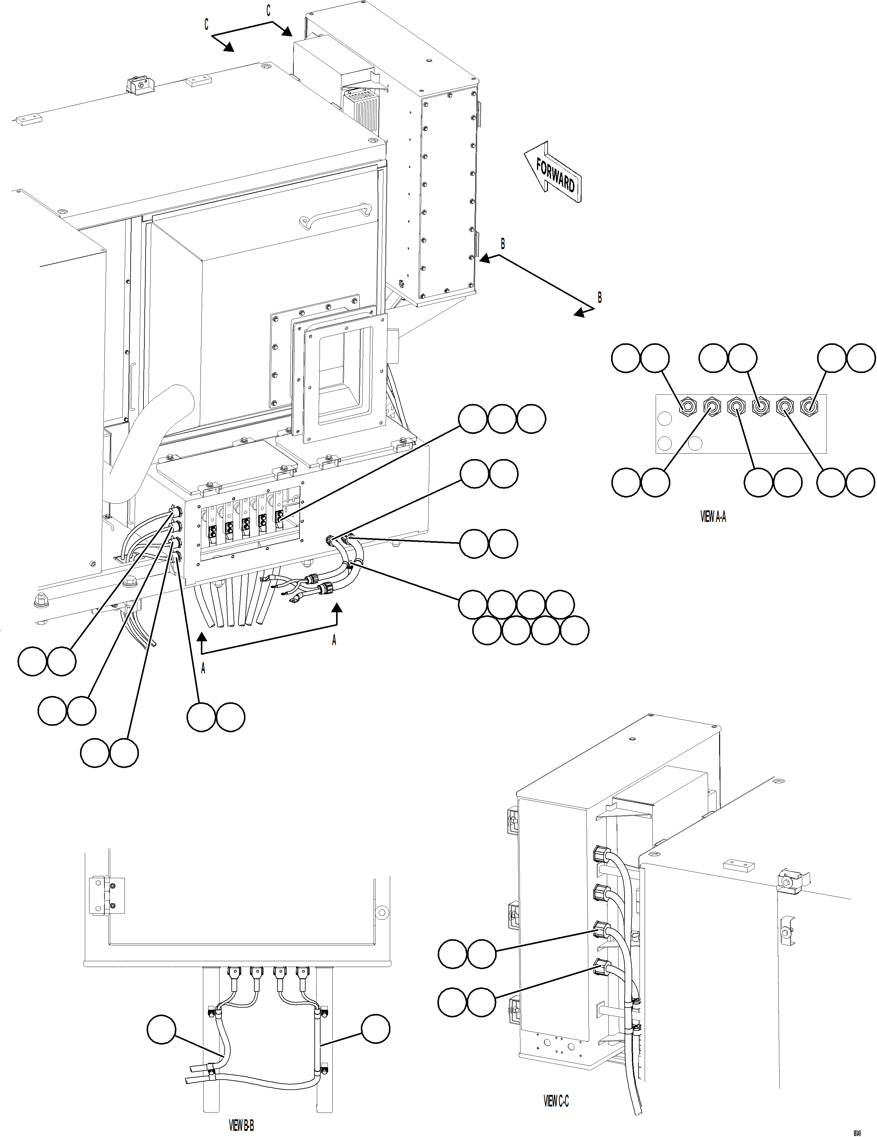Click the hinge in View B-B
107,896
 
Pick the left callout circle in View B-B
161,1029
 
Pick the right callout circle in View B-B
375,1029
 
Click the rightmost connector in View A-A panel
808,406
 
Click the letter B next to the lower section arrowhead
600,297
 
